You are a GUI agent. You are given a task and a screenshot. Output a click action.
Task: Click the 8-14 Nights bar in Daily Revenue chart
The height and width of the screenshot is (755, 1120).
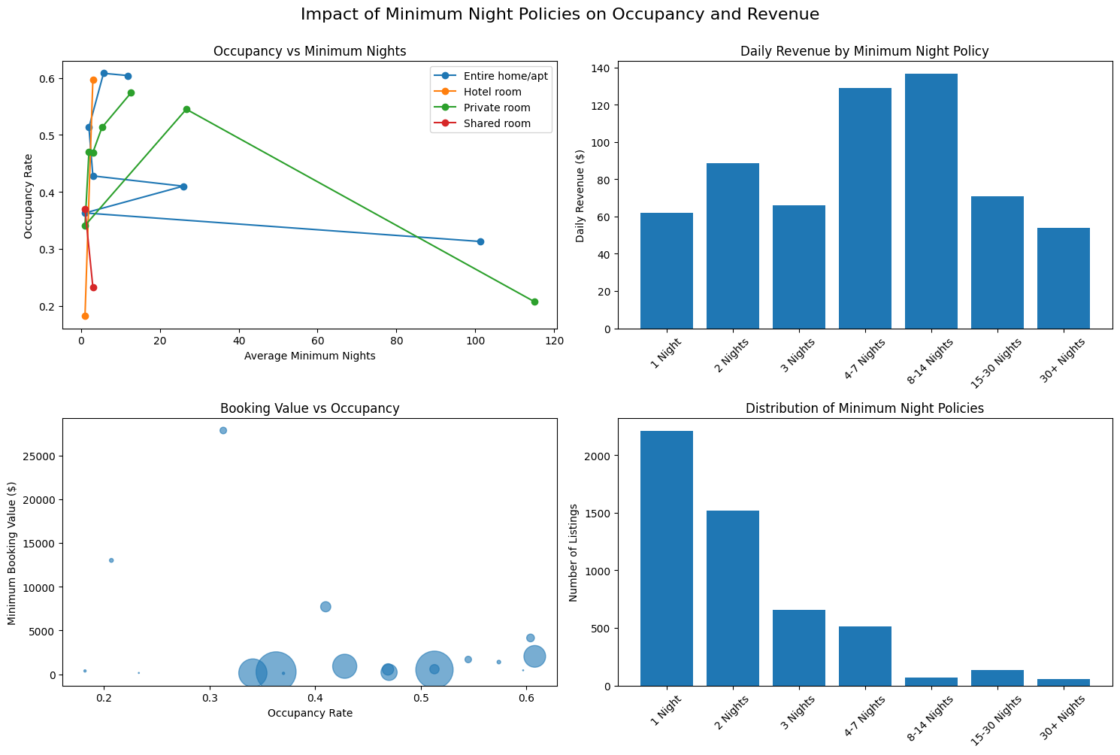tap(931, 202)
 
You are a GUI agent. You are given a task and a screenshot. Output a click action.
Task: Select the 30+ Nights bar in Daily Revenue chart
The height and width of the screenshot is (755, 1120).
tap(1063, 278)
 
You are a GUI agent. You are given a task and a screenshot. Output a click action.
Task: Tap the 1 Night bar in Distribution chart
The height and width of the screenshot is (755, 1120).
tap(666, 558)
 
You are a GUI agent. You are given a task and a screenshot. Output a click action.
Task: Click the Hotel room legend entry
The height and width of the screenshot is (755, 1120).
tap(492, 92)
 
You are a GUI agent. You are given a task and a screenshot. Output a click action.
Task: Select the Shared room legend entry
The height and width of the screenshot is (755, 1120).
tap(496, 123)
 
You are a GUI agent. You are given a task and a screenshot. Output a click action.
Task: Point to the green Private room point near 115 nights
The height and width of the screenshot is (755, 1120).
tap(534, 302)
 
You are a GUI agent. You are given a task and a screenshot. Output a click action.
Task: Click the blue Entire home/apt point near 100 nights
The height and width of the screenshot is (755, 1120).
tap(480, 241)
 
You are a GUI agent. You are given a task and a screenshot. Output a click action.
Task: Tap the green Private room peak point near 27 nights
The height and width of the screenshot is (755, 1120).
tap(186, 109)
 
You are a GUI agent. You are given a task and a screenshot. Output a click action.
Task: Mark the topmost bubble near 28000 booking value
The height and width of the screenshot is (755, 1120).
tap(223, 430)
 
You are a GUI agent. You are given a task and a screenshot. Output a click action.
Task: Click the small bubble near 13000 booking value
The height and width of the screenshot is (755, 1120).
tap(111, 560)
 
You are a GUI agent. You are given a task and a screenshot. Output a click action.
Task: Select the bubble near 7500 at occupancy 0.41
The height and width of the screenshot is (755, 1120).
tap(325, 607)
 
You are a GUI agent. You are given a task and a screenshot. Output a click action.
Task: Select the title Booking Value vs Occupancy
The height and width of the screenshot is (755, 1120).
tap(310, 409)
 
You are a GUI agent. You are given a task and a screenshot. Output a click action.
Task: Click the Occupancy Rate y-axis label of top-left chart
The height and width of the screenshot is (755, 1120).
tap(29, 196)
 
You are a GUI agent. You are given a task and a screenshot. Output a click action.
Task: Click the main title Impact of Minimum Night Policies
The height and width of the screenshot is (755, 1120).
tap(559, 14)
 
